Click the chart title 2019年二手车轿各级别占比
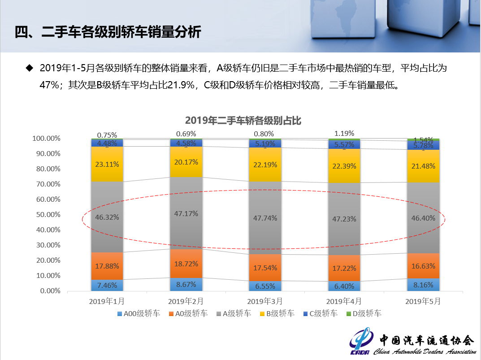pos(243,120)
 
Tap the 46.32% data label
pos(107,217)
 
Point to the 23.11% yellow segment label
pos(107,164)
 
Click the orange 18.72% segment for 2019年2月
pos(186,264)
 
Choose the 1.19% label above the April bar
pos(344,133)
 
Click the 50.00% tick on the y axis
pos(47,215)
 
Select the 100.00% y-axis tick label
pos(46,139)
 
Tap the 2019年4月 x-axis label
pos(344,301)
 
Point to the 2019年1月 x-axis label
pos(107,301)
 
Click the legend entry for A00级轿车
pos(139,314)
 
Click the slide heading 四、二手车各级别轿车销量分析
pos(108,32)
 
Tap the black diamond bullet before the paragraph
pos(30,68)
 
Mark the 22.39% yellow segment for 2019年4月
pos(344,166)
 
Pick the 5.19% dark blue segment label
pos(265,144)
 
